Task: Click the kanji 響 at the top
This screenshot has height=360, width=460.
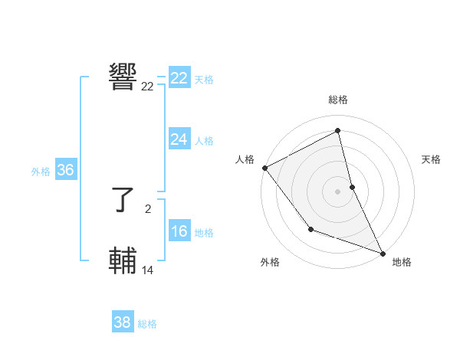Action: [x=123, y=77]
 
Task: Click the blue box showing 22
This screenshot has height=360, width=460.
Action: [x=179, y=78]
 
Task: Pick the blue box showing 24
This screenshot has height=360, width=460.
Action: [x=179, y=139]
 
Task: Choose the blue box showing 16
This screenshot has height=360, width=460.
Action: [x=179, y=232]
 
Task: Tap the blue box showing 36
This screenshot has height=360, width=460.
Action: [x=65, y=170]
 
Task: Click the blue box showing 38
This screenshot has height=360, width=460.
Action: [x=122, y=322]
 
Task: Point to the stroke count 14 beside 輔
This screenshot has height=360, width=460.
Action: [x=148, y=270]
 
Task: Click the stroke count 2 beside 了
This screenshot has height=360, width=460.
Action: [x=148, y=208]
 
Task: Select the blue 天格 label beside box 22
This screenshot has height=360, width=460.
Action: [x=204, y=80]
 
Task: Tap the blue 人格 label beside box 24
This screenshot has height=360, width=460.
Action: [x=204, y=141]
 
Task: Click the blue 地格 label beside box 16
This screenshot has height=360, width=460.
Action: [x=204, y=233]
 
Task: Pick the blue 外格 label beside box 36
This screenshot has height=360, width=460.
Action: [x=41, y=172]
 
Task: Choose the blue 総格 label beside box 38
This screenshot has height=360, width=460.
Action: [x=147, y=324]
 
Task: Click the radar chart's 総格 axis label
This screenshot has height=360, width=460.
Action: [x=338, y=100]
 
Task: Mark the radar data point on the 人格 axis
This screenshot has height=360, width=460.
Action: [x=264, y=168]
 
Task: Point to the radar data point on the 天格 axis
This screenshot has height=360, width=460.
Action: [x=352, y=186]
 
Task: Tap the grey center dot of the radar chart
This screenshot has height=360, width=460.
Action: [x=338, y=191]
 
